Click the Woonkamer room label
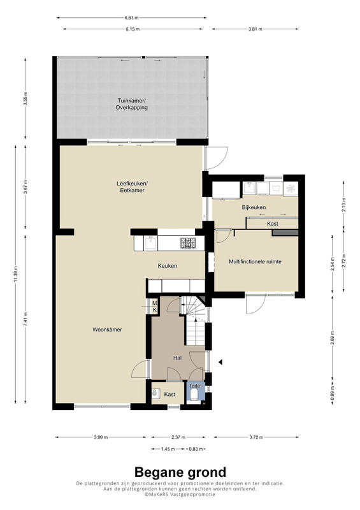tap(107, 330)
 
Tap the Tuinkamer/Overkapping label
tap(131, 104)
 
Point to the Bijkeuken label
tap(254, 207)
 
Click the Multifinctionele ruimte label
tap(255, 261)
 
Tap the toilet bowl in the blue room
tap(195, 395)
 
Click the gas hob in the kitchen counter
tap(189, 243)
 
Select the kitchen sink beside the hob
tap(150, 243)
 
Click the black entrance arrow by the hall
tap(220, 361)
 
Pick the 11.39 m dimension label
tap(15, 275)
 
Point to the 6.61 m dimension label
tap(131, 18)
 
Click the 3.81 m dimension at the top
tap(255, 29)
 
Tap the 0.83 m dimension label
tap(196, 449)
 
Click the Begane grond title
tap(180, 472)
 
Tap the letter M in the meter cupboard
tap(154, 303)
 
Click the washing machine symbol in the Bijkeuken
tap(276, 189)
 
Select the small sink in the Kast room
tap(155, 394)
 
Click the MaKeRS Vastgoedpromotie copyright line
tap(180, 494)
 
